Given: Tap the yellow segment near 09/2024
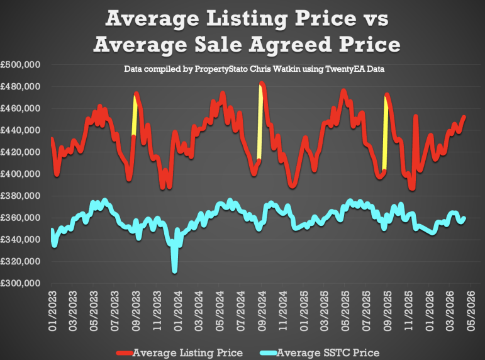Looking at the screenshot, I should pyautogui.click(x=260, y=123).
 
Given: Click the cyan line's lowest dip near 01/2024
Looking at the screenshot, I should pyautogui.click(x=174, y=270).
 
